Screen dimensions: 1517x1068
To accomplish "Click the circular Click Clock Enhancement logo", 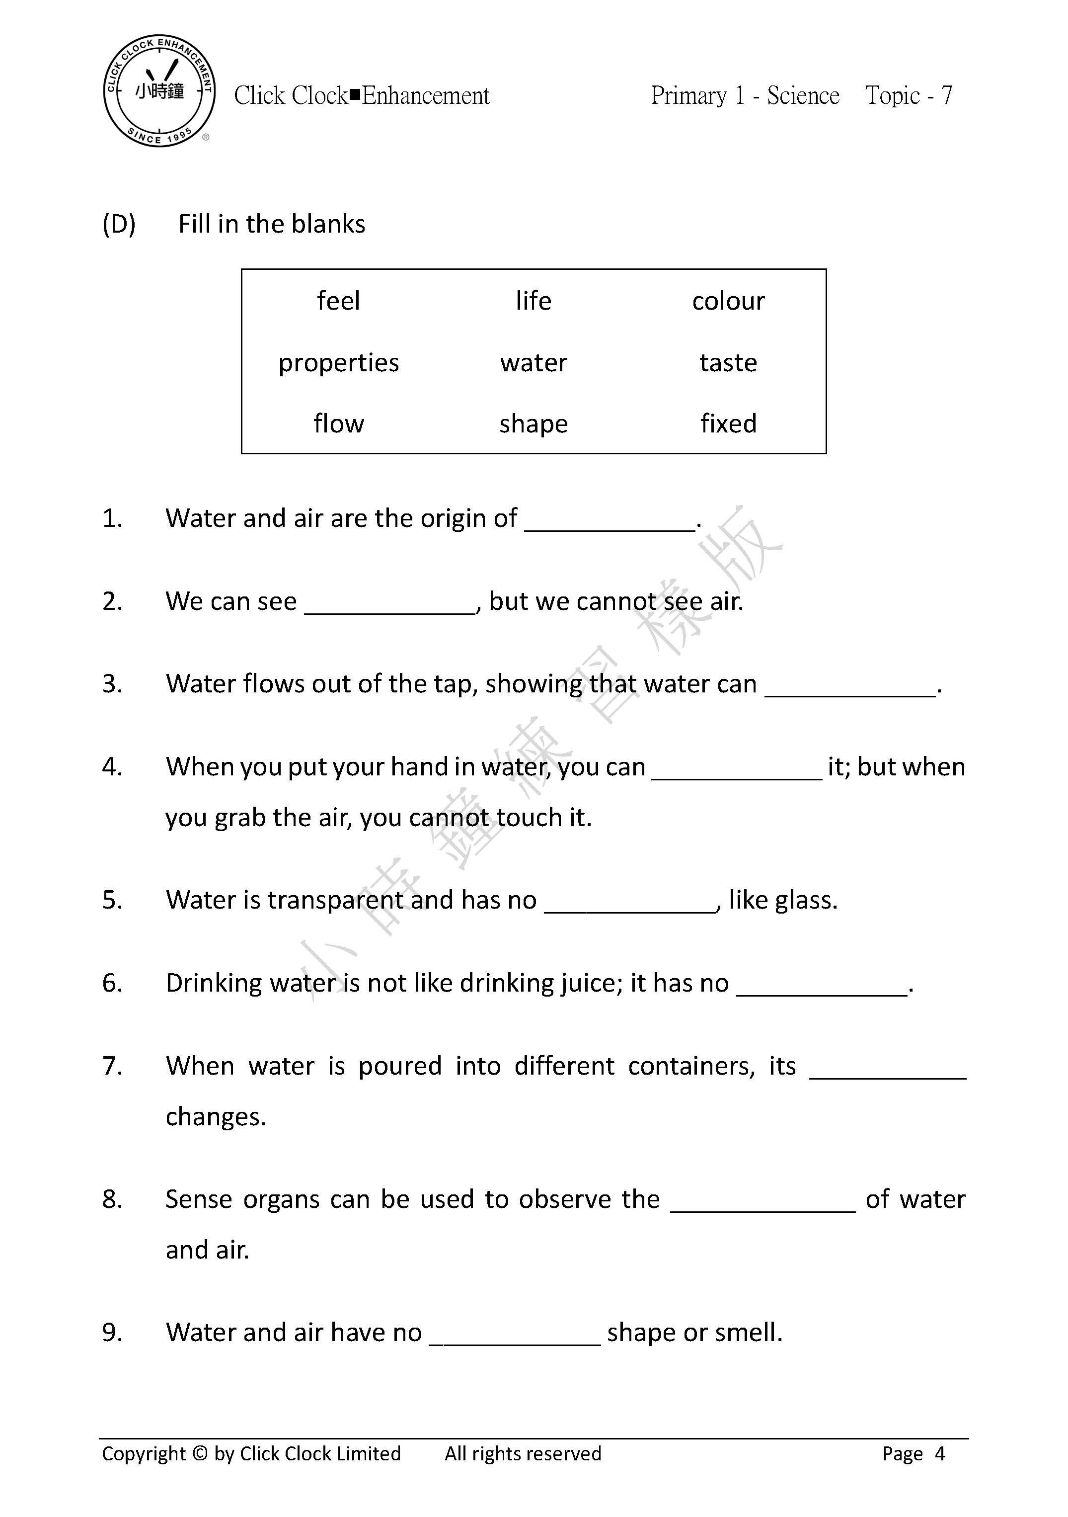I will [x=159, y=90].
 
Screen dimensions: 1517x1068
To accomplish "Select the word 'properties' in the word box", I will [x=338, y=363].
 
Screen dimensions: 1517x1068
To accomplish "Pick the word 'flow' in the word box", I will [x=338, y=423].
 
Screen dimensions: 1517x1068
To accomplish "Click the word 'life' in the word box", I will [x=533, y=301].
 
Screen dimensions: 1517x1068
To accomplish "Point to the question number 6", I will [x=112, y=983].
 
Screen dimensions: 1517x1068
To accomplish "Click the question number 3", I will [x=112, y=684].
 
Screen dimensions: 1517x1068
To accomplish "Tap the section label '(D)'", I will [x=119, y=225].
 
